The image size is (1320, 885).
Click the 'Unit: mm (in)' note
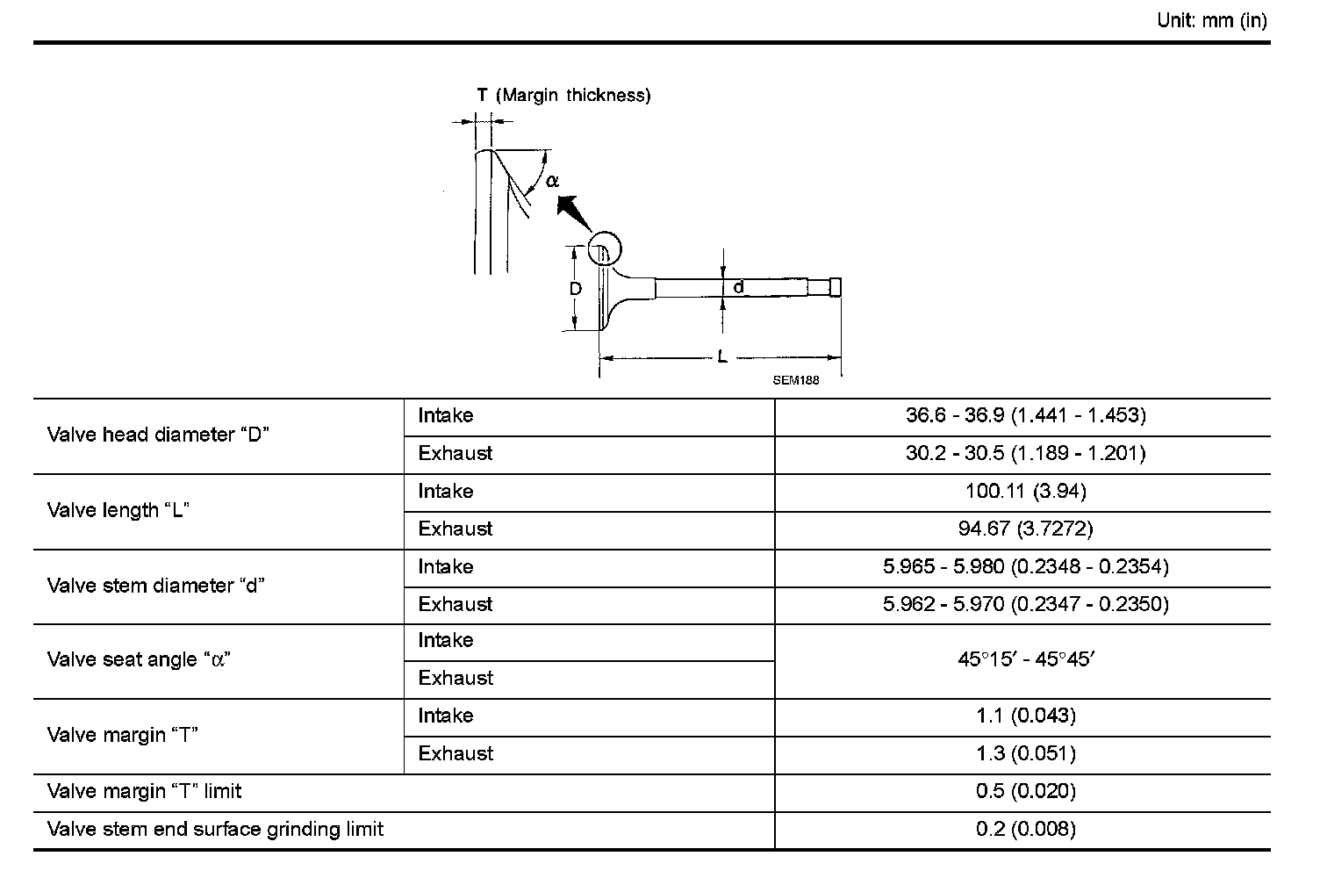coord(1211,21)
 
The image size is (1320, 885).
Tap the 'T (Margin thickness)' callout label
coord(563,95)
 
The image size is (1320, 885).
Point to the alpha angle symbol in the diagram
coord(552,181)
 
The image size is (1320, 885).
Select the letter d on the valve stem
coord(739,287)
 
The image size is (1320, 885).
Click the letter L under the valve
coord(721,356)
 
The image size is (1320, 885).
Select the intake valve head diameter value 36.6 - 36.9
coord(1025,415)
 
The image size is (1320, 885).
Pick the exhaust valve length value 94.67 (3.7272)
coord(1025,529)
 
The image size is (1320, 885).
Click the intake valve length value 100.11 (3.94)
coord(1025,491)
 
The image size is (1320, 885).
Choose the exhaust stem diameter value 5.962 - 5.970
coord(1025,604)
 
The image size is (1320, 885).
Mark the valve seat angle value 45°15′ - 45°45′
coord(1025,659)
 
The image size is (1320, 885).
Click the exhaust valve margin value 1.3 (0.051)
coord(1025,753)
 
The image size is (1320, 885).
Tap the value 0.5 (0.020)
coord(1025,791)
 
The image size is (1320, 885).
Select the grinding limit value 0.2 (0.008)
coord(1025,829)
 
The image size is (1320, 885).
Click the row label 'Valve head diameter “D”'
coord(158,435)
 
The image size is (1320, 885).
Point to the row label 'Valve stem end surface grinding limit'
coord(215,829)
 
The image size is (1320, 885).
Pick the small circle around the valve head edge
coord(604,250)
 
